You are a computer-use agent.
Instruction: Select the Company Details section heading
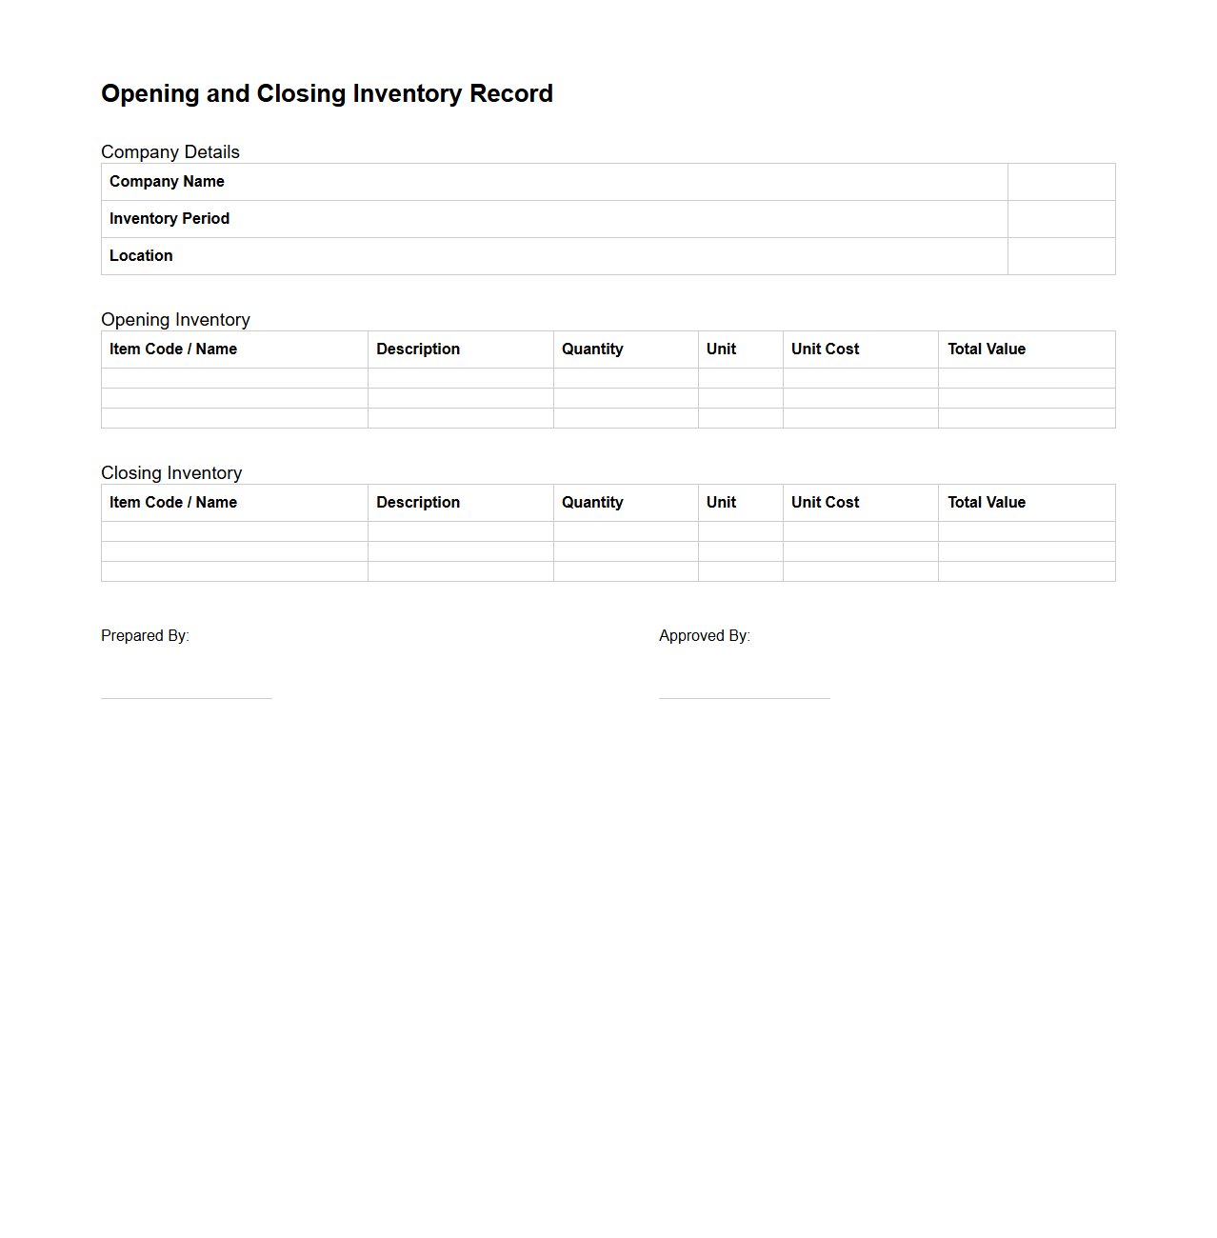click(170, 152)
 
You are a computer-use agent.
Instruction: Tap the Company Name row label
click(167, 182)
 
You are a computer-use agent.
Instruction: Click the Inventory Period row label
click(170, 219)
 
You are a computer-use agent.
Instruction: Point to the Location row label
click(141, 256)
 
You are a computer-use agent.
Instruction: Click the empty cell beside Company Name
click(1061, 182)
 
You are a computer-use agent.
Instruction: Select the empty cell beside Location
click(1061, 256)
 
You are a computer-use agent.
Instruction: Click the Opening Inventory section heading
click(175, 320)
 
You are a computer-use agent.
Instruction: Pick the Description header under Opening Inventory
click(418, 349)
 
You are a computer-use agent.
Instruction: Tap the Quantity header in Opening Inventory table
click(592, 349)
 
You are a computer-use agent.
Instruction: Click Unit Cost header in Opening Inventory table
click(825, 349)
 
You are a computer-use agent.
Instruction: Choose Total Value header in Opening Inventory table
click(987, 349)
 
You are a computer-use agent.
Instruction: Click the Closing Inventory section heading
click(171, 473)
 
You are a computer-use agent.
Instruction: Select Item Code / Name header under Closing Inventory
click(173, 503)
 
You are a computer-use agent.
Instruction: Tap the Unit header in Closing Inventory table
click(721, 503)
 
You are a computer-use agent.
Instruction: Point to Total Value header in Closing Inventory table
click(987, 503)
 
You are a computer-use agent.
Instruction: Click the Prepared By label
click(145, 636)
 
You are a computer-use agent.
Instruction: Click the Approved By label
click(705, 636)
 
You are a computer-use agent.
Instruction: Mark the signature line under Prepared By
click(187, 698)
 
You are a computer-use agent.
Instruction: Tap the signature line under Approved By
click(745, 698)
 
